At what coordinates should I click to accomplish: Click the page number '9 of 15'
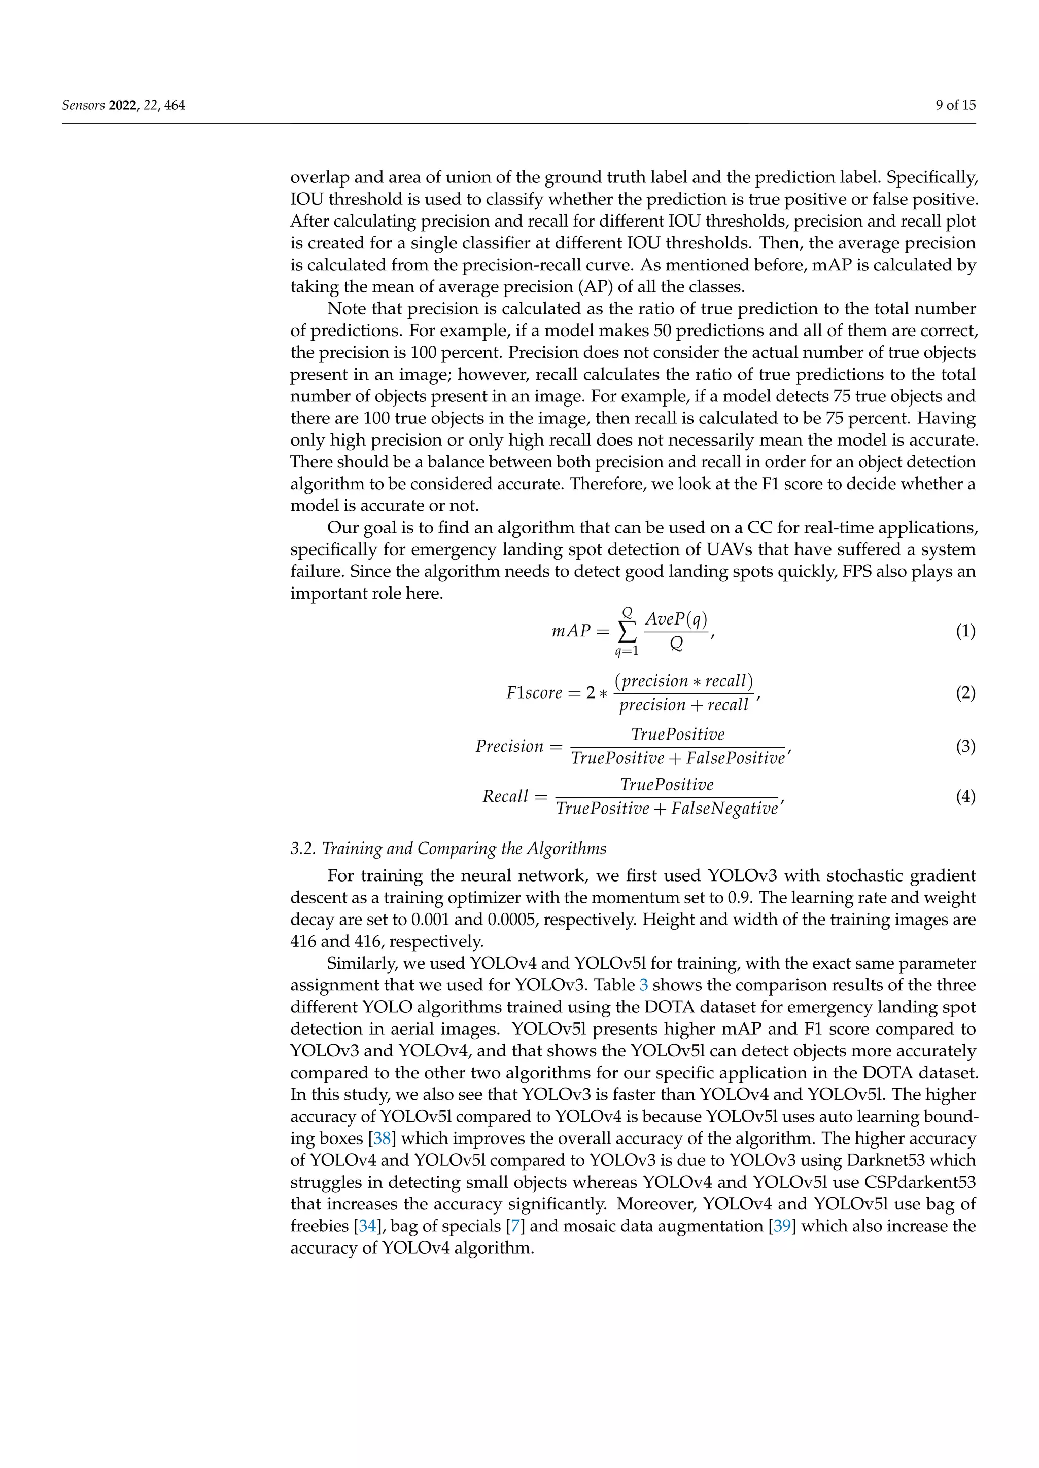click(955, 105)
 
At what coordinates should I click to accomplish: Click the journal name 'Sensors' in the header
click(83, 105)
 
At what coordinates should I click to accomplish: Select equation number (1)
click(965, 632)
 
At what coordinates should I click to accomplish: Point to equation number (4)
click(965, 797)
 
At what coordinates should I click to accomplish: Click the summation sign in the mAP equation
click(627, 632)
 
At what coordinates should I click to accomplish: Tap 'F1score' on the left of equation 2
click(534, 693)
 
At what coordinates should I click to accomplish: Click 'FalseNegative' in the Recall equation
click(724, 810)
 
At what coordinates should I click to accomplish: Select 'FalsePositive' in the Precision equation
click(735, 759)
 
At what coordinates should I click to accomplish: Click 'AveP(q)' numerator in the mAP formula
click(676, 619)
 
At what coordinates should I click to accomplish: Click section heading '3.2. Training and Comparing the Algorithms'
click(448, 849)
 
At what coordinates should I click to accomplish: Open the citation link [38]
click(382, 1139)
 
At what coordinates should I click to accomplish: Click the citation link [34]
click(367, 1226)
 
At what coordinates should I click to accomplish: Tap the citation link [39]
click(782, 1226)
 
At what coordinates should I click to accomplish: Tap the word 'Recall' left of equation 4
click(505, 797)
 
